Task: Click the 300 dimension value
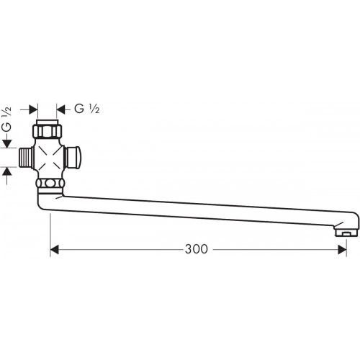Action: pos(195,250)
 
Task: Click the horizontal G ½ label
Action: pos(86,109)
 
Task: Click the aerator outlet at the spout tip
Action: pos(346,232)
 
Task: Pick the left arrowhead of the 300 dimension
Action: pos(54,250)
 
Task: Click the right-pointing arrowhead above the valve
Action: pos(33,109)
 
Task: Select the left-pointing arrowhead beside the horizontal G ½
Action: pos(63,109)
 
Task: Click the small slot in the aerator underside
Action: pos(346,234)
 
